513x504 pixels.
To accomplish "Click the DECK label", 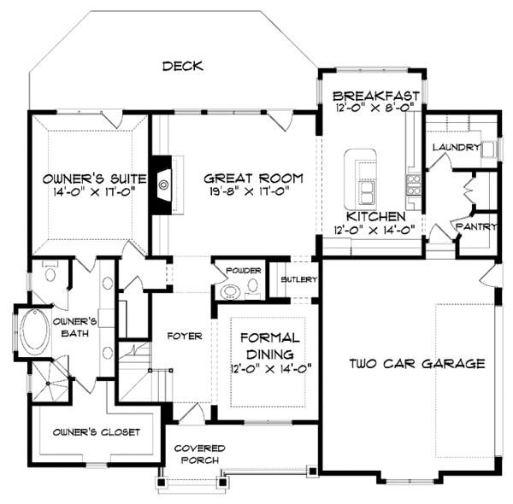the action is (183, 66).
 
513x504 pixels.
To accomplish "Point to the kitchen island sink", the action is (368, 193).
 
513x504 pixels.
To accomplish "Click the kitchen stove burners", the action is (414, 185).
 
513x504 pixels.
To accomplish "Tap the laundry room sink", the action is (489, 149).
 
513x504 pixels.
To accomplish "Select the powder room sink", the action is (230, 291).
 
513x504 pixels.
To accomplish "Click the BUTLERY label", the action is (299, 279).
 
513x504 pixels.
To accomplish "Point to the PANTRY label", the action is (476, 226).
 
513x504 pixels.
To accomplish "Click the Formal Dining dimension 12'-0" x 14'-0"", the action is (270, 369).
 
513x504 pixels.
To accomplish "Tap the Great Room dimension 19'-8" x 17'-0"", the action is (250, 191).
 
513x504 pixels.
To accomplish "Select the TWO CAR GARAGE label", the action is (417, 363).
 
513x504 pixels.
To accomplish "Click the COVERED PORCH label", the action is (199, 454).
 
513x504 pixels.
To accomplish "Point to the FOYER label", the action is (185, 336).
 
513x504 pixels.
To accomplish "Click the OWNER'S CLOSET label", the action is (96, 432).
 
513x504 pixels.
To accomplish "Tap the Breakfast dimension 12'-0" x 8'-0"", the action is (375, 108).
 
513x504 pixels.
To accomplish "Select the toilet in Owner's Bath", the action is (50, 271).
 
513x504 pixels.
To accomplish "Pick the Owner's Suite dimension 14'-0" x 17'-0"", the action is (94, 191).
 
